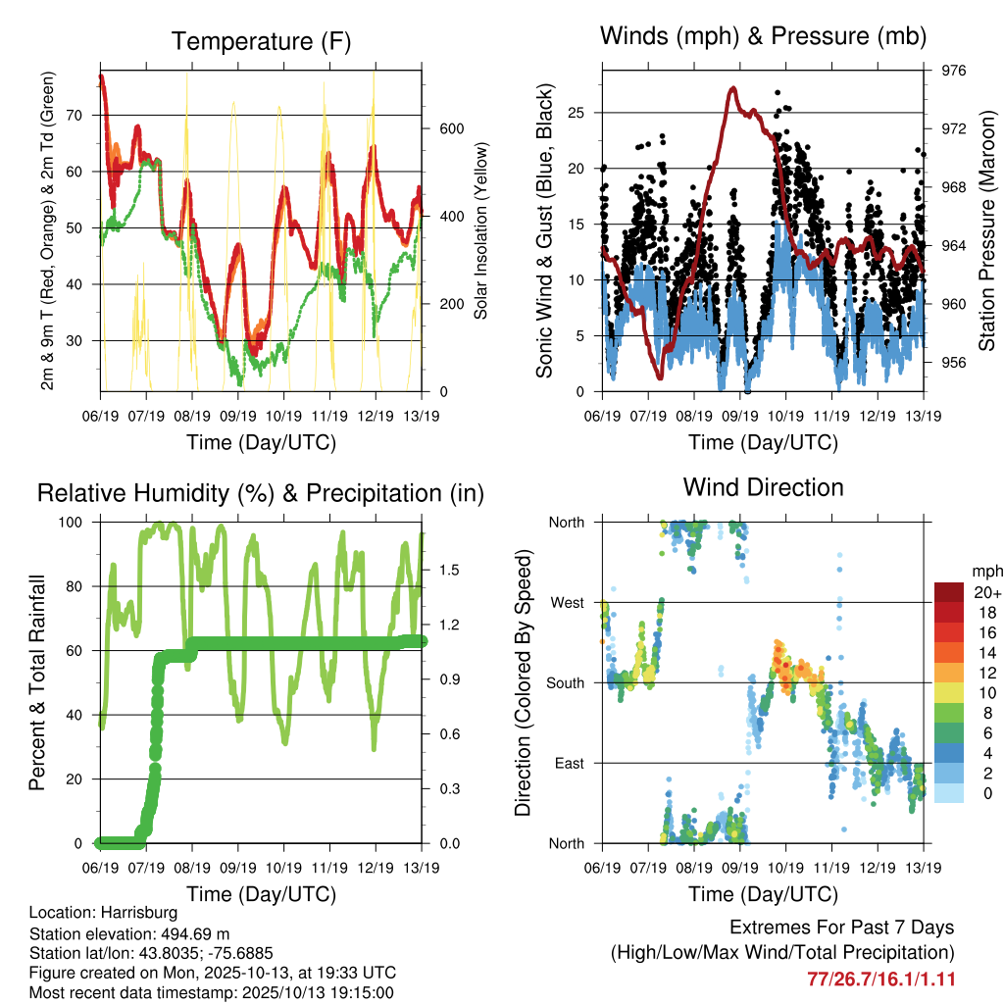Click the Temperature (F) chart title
pyautogui.click(x=261, y=41)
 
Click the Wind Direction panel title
pyautogui.click(x=763, y=486)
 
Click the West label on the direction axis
pyautogui.click(x=567, y=602)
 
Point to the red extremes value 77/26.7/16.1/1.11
pyautogui.click(x=880, y=979)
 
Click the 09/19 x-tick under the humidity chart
pyautogui.click(x=238, y=867)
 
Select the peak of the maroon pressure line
pyautogui.click(x=733, y=88)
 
